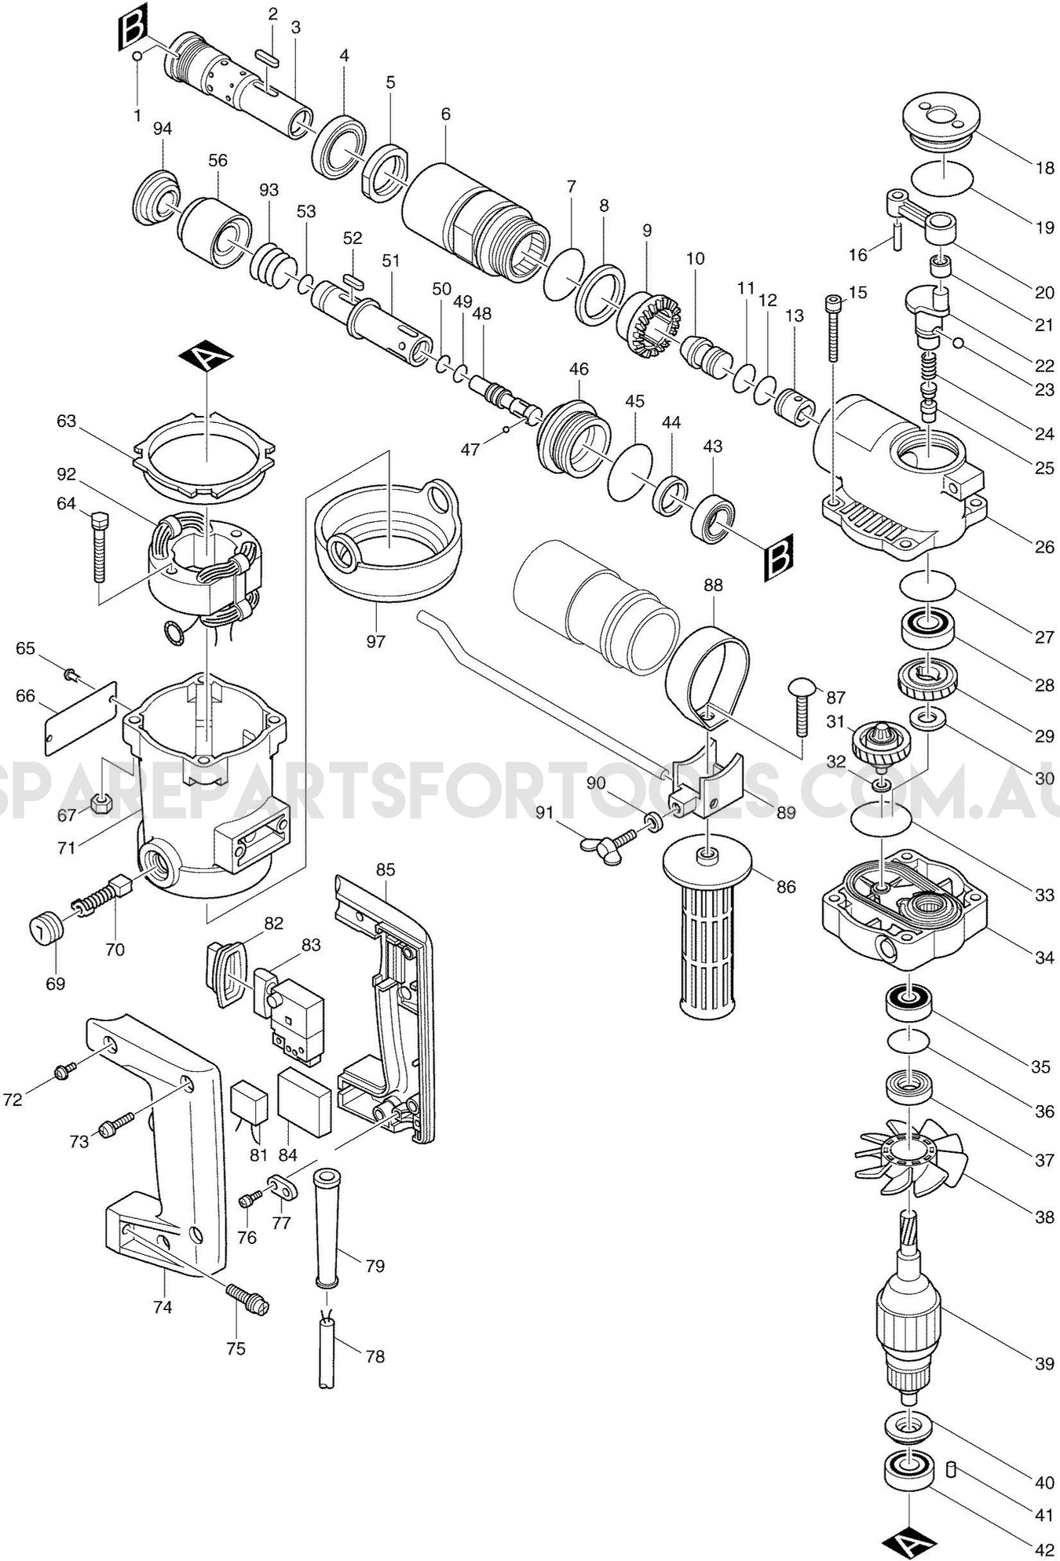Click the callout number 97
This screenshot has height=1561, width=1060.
pos(375,641)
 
